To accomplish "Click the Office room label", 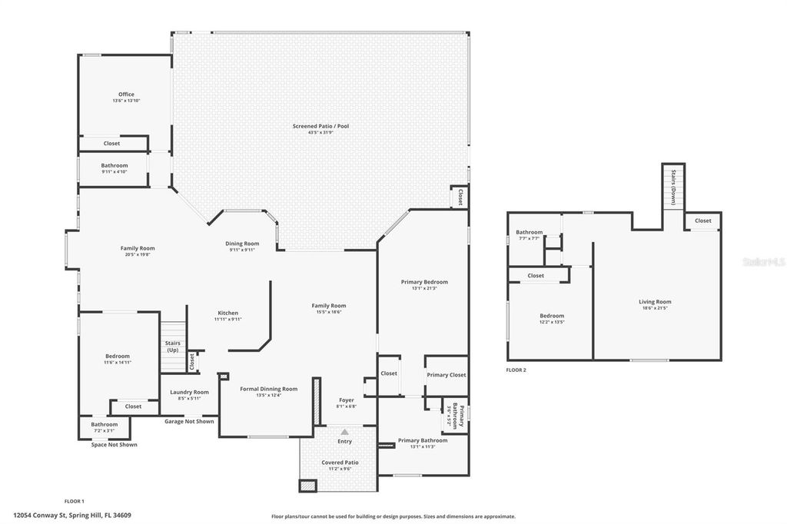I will [x=126, y=95].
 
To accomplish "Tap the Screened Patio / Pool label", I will [x=320, y=126].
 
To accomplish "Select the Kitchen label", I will [x=227, y=313].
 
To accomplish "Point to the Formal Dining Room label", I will [x=268, y=389].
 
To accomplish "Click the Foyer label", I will [x=347, y=400].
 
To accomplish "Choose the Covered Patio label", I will [x=340, y=463].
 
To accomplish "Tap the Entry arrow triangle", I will [x=344, y=432].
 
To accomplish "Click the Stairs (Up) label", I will [x=172, y=347].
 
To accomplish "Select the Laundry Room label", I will [x=189, y=392].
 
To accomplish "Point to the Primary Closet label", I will [x=447, y=375].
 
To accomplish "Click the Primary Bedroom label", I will [x=424, y=282].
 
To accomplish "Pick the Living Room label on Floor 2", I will [x=655, y=302].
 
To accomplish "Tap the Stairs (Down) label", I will [x=673, y=183].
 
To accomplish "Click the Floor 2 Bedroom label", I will [x=552, y=316].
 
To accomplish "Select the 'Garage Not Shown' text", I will [x=189, y=421].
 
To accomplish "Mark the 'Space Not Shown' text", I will [x=114, y=445].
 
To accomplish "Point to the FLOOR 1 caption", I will [x=74, y=500].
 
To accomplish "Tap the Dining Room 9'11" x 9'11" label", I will [x=241, y=244].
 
